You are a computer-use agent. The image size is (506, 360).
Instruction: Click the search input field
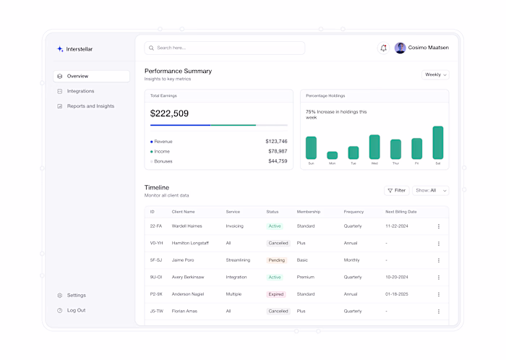224,48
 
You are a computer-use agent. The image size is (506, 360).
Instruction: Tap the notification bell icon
383,48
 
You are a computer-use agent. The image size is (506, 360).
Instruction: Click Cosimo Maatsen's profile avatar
400,48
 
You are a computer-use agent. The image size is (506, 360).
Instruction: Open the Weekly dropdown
435,74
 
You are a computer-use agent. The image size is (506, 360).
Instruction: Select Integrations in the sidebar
80,91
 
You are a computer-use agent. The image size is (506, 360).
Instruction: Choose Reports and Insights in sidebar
90,106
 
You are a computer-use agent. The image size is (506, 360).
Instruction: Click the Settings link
76,295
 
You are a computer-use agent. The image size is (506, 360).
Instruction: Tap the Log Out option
76,310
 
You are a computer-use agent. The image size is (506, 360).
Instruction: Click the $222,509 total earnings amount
169,113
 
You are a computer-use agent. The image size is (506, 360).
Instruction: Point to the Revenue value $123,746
276,142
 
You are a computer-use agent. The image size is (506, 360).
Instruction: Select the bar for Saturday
437,142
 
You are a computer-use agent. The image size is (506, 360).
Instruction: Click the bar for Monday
332,155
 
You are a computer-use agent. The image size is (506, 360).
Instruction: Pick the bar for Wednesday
374,147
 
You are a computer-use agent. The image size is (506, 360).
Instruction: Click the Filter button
397,190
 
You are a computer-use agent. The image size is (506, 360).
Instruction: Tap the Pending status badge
276,260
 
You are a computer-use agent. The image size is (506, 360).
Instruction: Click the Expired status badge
276,294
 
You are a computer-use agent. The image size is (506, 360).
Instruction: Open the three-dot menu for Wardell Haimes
438,226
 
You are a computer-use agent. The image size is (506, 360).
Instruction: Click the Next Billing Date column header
400,212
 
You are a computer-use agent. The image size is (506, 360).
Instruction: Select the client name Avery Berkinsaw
188,277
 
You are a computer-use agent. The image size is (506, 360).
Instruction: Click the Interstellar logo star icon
60,49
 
